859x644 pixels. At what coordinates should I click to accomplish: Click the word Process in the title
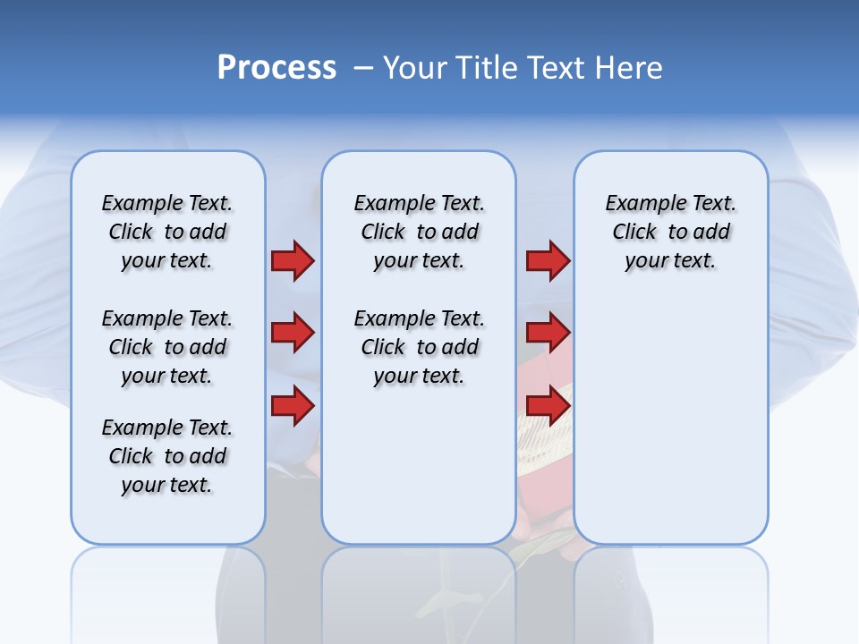pyautogui.click(x=276, y=68)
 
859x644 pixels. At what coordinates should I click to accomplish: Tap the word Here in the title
pyautogui.click(x=630, y=68)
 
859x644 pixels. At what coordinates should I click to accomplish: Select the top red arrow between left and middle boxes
pyautogui.click(x=293, y=260)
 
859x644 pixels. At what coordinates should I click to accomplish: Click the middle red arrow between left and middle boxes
pyautogui.click(x=293, y=333)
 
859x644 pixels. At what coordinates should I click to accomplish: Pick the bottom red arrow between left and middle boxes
pyautogui.click(x=293, y=405)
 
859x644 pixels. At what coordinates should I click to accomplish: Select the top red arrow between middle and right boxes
pyautogui.click(x=548, y=260)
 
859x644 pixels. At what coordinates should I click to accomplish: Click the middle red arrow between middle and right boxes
pyautogui.click(x=548, y=333)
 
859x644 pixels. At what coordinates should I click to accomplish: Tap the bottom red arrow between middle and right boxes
pyautogui.click(x=548, y=405)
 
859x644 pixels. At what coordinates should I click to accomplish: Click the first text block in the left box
pyautogui.click(x=167, y=232)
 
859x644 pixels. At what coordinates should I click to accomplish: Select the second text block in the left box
pyautogui.click(x=167, y=347)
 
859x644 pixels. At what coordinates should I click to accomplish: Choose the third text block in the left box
pyautogui.click(x=167, y=456)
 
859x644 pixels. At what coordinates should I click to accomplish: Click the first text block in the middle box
pyautogui.click(x=420, y=232)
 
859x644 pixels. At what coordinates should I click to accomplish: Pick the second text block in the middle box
pyautogui.click(x=420, y=347)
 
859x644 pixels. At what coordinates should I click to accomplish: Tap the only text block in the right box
pyautogui.click(x=671, y=232)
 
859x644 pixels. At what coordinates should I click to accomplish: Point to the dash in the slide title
pyautogui.click(x=363, y=68)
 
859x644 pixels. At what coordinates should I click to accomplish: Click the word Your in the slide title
pyautogui.click(x=414, y=68)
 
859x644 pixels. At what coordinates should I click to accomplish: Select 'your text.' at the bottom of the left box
pyautogui.click(x=167, y=485)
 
